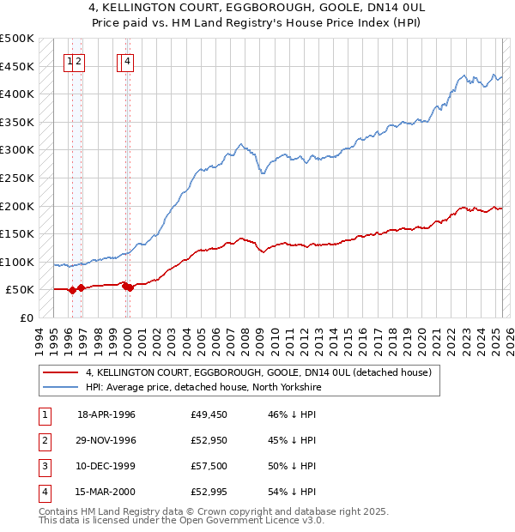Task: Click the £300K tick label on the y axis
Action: (17, 150)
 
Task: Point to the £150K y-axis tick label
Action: (17, 233)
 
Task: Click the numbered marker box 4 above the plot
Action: (127, 61)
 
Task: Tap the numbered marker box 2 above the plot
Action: (78, 61)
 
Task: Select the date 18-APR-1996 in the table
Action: (106, 414)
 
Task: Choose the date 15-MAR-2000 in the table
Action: (106, 492)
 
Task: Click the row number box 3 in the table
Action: (43, 466)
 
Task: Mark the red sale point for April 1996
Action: (72, 290)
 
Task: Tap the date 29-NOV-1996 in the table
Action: (106, 440)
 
